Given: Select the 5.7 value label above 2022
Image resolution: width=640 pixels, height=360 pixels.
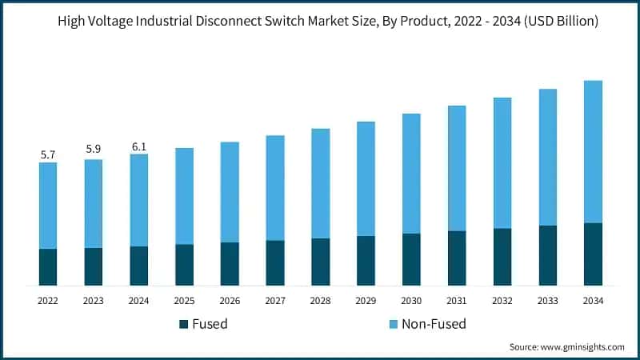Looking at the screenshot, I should click(48, 154).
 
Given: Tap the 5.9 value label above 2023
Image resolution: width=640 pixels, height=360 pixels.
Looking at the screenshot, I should click(94, 149).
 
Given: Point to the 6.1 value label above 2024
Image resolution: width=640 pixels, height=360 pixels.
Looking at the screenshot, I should click(139, 146).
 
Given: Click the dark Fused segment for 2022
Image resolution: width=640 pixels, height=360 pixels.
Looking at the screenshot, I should click(48, 267).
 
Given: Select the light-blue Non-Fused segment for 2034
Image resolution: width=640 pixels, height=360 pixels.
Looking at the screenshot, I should click(593, 152).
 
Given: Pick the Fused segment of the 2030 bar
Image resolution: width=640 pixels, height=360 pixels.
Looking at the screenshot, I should click(411, 259).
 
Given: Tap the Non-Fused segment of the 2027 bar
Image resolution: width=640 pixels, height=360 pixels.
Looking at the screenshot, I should click(275, 188).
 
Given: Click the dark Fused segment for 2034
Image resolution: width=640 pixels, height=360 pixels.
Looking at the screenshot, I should click(593, 254).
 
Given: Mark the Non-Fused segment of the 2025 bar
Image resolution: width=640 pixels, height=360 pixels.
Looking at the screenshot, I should click(184, 196).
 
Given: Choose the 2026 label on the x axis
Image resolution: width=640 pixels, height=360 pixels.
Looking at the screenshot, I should click(230, 301).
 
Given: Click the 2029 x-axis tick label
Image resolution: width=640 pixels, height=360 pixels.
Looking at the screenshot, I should click(366, 301).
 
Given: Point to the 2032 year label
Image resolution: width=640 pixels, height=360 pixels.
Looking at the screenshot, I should click(502, 301).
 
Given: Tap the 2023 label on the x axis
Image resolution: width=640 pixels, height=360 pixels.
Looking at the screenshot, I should click(94, 301).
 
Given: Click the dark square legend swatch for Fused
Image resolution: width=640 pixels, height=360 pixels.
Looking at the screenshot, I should click(184, 324).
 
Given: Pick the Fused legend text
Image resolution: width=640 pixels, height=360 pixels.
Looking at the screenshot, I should click(210, 324).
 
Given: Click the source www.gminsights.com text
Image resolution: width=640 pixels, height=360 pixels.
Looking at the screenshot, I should click(566, 347).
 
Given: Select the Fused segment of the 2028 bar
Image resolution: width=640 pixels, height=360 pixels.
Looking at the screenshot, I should click(321, 262).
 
